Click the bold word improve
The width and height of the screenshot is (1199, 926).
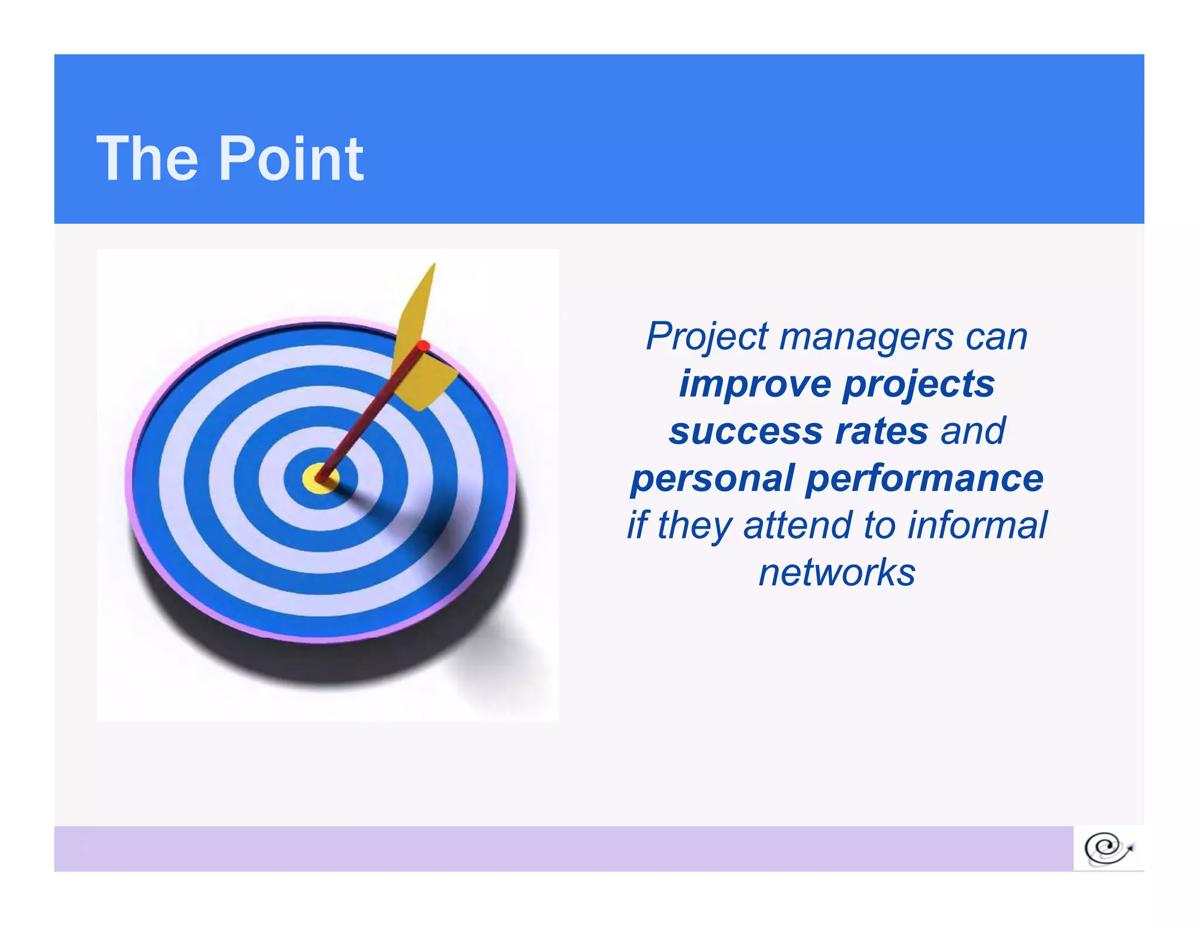pyautogui.click(x=755, y=384)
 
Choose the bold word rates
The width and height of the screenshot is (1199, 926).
pyautogui.click(x=882, y=431)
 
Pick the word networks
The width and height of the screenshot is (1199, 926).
pyautogui.click(x=837, y=572)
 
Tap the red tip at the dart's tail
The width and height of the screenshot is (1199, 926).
pyautogui.click(x=423, y=345)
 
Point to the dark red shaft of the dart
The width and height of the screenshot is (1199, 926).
pyautogui.click(x=369, y=416)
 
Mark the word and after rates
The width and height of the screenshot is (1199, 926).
pyautogui.click(x=973, y=431)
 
